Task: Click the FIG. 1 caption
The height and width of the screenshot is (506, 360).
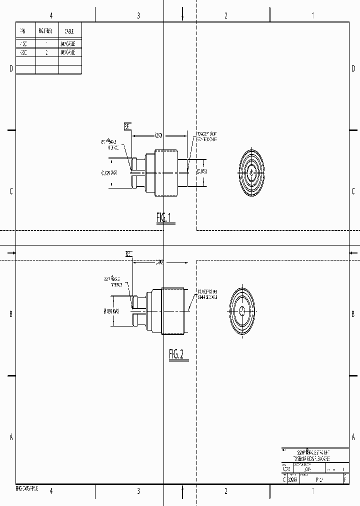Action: pyautogui.click(x=165, y=217)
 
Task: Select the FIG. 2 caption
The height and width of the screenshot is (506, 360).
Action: pyautogui.click(x=176, y=354)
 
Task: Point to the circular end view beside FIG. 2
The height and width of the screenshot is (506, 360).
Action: pyautogui.click(x=241, y=310)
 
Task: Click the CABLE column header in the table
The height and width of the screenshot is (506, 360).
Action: pyautogui.click(x=69, y=30)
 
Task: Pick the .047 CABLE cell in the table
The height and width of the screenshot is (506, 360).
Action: pyautogui.click(x=68, y=43)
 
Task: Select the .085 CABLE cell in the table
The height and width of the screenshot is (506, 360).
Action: pyautogui.click(x=68, y=52)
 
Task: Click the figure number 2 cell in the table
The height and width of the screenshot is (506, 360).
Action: pyautogui.click(x=46, y=52)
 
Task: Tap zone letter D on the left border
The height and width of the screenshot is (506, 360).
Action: pyautogui.click(x=11, y=69)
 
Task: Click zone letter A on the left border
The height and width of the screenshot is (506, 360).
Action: pyautogui.click(x=11, y=437)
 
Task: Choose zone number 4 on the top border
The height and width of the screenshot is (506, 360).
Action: pyautogui.click(x=51, y=15)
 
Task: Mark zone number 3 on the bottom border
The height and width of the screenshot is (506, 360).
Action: pyautogui.click(x=138, y=491)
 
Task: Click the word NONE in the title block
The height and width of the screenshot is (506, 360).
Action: pyautogui.click(x=286, y=469)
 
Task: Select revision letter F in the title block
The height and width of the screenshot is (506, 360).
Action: pyautogui.click(x=345, y=479)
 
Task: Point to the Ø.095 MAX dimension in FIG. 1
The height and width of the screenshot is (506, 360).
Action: pyautogui.click(x=109, y=173)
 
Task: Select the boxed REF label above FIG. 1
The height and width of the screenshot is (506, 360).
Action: pyautogui.click(x=127, y=126)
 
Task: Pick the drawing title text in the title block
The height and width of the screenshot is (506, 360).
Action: pyautogui.click(x=313, y=454)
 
